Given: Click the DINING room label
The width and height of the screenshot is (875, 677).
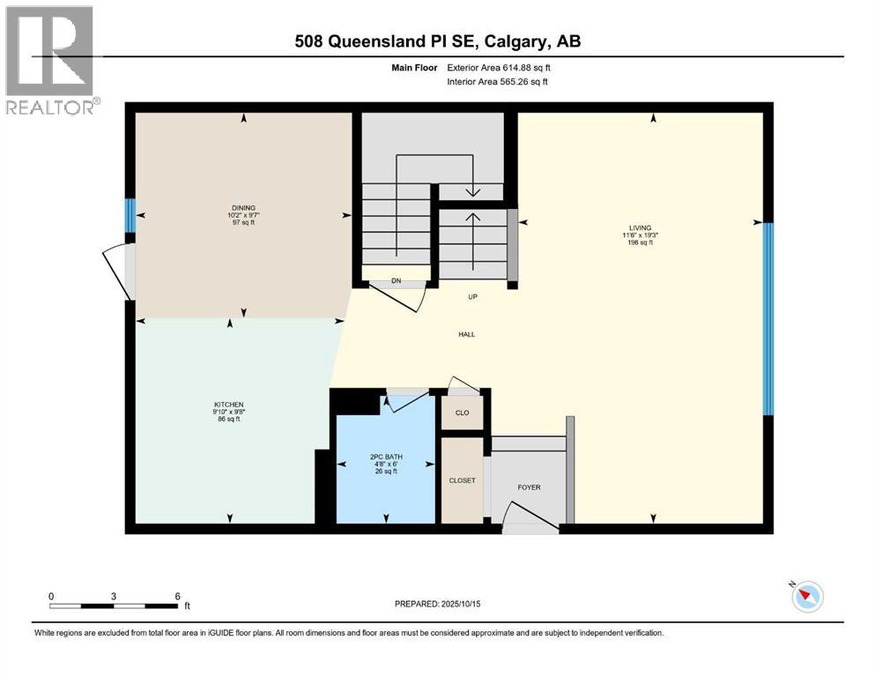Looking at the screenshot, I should click(x=231, y=208).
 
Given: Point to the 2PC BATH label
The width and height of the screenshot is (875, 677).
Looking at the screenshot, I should click(x=385, y=457).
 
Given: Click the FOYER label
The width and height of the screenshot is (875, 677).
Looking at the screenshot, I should click(x=529, y=487).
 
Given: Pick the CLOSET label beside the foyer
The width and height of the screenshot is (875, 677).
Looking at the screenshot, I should click(x=462, y=480).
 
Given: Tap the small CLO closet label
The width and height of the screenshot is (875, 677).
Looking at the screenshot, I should click(x=462, y=412).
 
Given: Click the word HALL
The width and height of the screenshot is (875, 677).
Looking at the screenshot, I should click(x=466, y=334).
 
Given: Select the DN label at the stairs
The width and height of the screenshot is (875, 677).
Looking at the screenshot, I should click(x=397, y=282).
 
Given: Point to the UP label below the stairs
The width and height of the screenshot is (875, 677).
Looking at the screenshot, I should click(x=472, y=297).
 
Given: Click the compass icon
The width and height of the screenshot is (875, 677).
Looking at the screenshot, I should click(x=806, y=597).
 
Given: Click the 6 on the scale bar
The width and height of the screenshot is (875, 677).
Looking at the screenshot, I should click(x=178, y=596).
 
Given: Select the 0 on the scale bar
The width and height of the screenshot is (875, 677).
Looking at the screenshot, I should click(x=51, y=596).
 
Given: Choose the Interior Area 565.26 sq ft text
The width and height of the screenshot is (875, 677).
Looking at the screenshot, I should click(x=498, y=82).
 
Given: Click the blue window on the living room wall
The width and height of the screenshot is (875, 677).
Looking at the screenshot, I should click(x=767, y=318).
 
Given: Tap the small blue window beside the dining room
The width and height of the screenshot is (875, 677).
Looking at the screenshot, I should click(x=130, y=215).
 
